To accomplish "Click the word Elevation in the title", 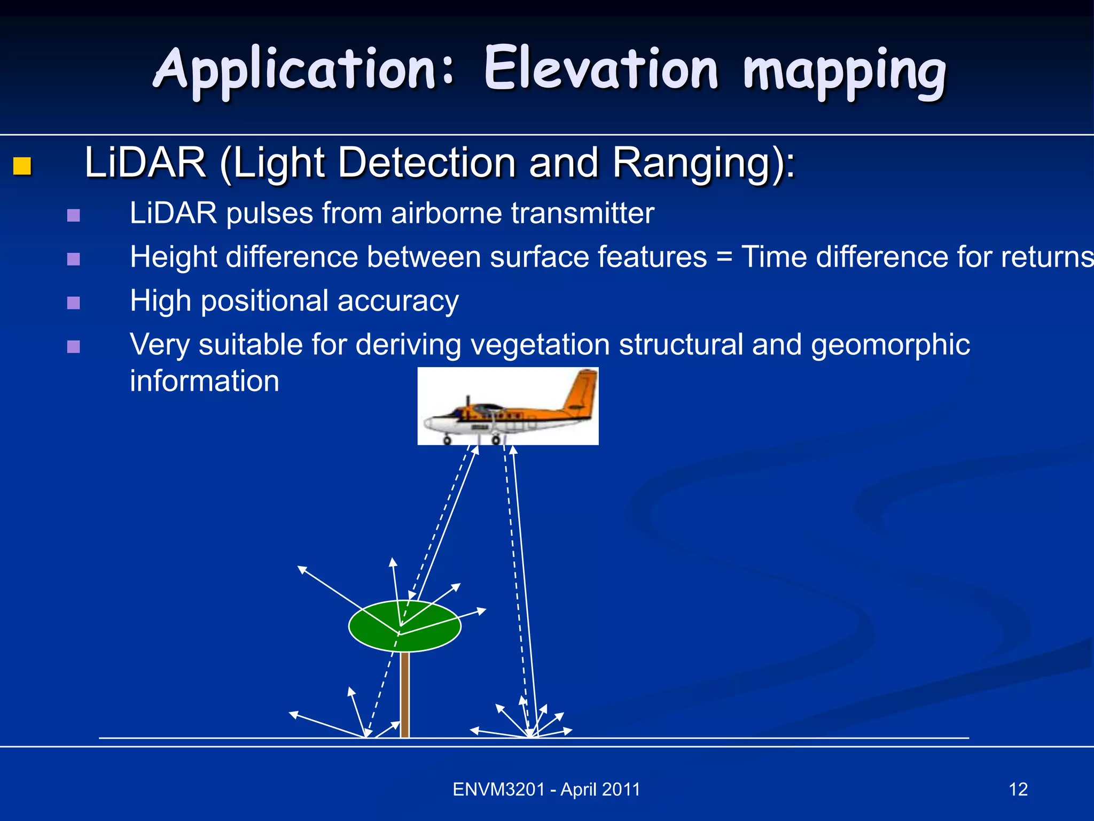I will coord(601,69).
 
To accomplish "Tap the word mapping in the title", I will coord(844,72).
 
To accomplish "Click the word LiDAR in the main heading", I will coord(145,162).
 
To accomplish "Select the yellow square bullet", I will coord(22,166).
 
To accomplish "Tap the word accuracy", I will coord(398,301).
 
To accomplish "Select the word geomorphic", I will coord(890,345).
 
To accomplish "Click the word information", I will coord(204,381).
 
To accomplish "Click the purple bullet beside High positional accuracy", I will coord(74,303).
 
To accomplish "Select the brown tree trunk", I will coord(405,695).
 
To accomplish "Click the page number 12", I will coord(1018,789).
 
